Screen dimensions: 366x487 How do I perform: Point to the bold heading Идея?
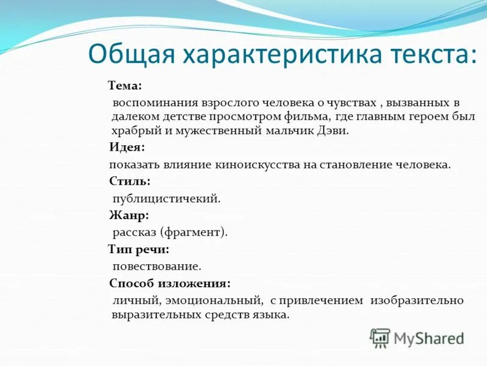pyautogui.click(x=127, y=148)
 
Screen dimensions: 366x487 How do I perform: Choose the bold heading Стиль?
pyautogui.click(x=129, y=181)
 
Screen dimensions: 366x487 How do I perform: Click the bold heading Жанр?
pyautogui.click(x=128, y=215)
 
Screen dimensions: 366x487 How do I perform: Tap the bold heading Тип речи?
pyautogui.click(x=138, y=249)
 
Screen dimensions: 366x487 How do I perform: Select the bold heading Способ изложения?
pyautogui.click(x=170, y=283)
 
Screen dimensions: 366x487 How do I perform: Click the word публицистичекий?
pyautogui.click(x=166, y=198)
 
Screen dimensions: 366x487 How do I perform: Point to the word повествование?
pyautogui.click(x=156, y=267)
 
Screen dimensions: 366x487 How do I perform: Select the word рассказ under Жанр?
pyautogui.click(x=135, y=232)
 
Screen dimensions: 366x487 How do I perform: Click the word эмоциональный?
pyautogui.click(x=222, y=301)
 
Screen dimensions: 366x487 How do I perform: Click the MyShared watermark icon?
pyautogui.click(x=380, y=338)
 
